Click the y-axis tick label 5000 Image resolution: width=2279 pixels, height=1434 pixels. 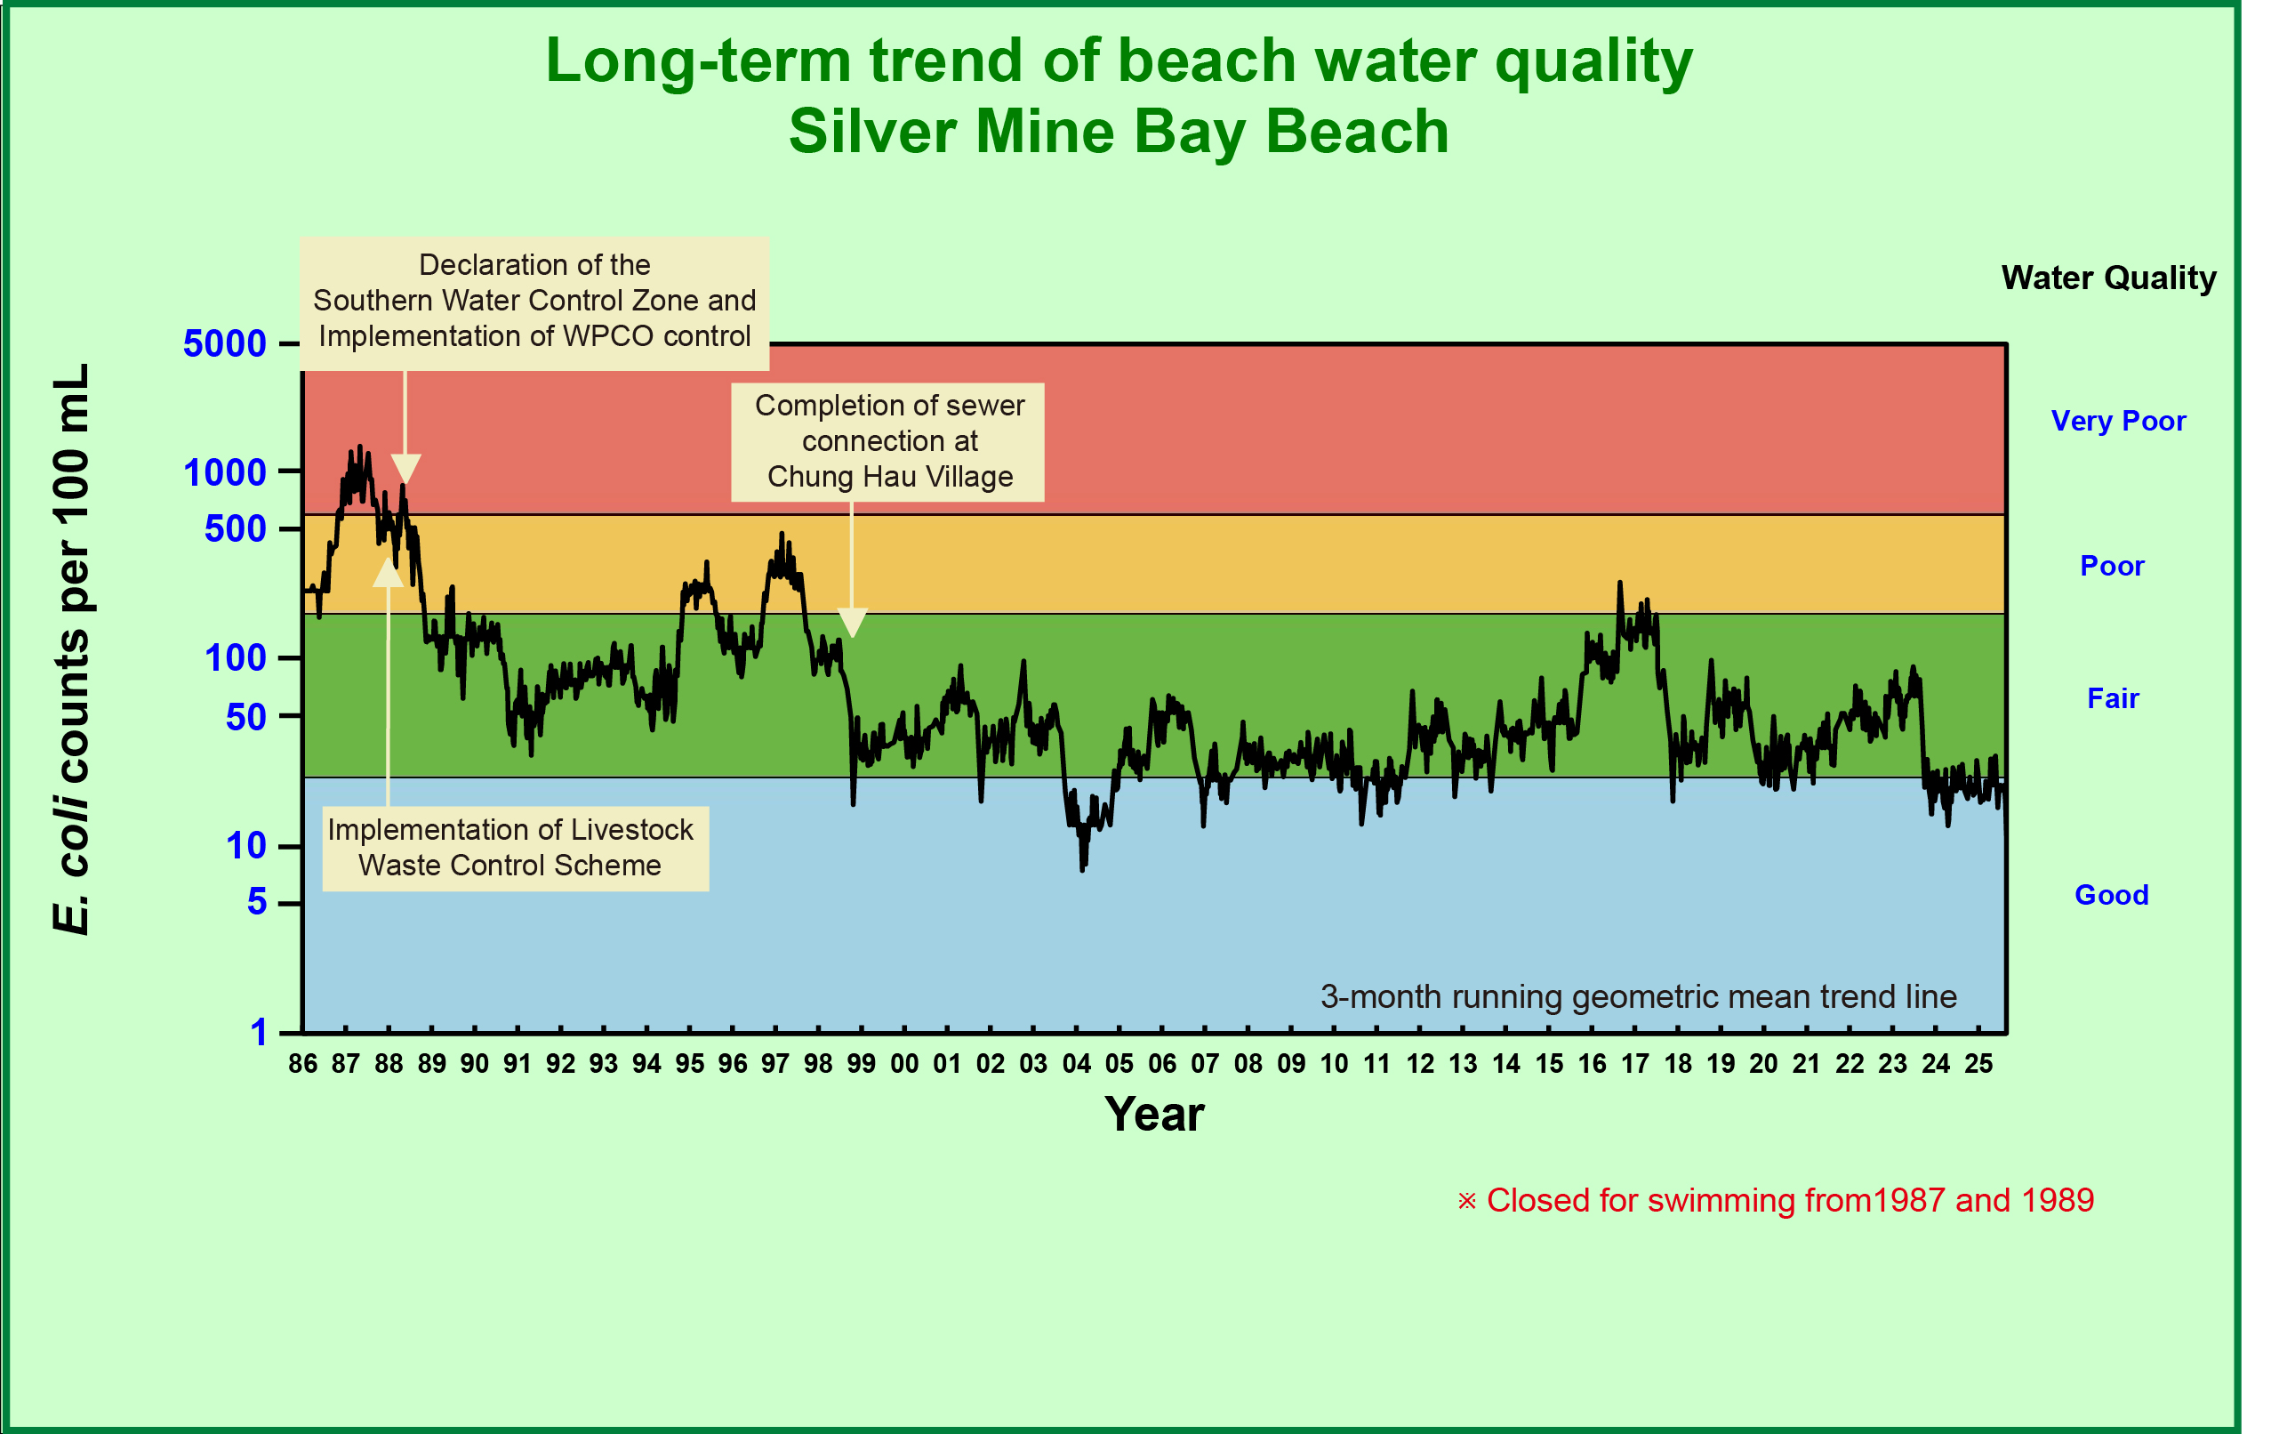click(224, 343)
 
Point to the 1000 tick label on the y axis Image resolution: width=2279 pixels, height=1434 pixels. click(224, 472)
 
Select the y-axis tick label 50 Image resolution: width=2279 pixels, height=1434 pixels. click(245, 718)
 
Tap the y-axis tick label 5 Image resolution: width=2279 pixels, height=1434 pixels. click(256, 902)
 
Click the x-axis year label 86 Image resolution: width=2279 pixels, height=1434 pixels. click(303, 1064)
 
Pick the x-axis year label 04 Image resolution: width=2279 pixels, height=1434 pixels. click(1076, 1064)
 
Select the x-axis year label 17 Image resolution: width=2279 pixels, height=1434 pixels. click(1634, 1064)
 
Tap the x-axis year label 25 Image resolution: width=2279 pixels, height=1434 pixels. click(1978, 1064)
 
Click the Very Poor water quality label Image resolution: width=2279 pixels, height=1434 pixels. click(2118, 421)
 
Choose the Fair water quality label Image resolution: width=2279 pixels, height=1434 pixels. click(2113, 698)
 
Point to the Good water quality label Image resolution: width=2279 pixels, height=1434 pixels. click(2112, 895)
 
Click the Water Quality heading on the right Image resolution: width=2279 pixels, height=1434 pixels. click(2108, 278)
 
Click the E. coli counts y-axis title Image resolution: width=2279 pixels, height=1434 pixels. click(71, 649)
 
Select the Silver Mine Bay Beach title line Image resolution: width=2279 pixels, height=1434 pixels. click(1119, 131)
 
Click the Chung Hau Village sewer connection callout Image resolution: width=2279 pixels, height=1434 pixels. click(887, 441)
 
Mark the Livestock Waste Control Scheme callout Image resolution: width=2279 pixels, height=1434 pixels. click(511, 847)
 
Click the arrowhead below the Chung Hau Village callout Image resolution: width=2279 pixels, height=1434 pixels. click(852, 623)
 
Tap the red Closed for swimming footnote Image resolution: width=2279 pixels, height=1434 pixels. click(1775, 1200)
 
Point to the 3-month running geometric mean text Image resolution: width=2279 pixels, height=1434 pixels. click(1638, 996)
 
